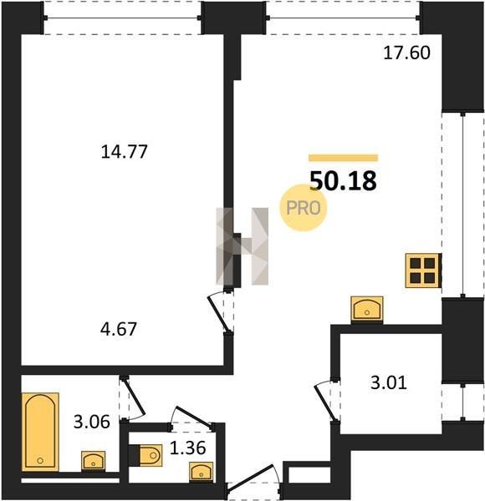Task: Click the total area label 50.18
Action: (x=343, y=181)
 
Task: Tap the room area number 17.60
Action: (x=406, y=53)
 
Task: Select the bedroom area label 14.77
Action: (x=124, y=151)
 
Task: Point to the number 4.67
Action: (x=119, y=329)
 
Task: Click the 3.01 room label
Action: (x=389, y=382)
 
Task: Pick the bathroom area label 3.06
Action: (x=92, y=422)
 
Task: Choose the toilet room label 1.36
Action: (x=187, y=448)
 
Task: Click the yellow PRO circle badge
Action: (x=303, y=208)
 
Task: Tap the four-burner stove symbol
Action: (x=423, y=271)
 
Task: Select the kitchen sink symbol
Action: (x=367, y=309)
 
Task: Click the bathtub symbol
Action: (x=40, y=432)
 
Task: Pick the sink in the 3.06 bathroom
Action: (x=93, y=461)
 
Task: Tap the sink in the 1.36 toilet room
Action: (x=201, y=471)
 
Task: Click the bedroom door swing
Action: (x=219, y=313)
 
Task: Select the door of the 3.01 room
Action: (x=325, y=401)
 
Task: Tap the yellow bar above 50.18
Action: (x=344, y=158)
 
